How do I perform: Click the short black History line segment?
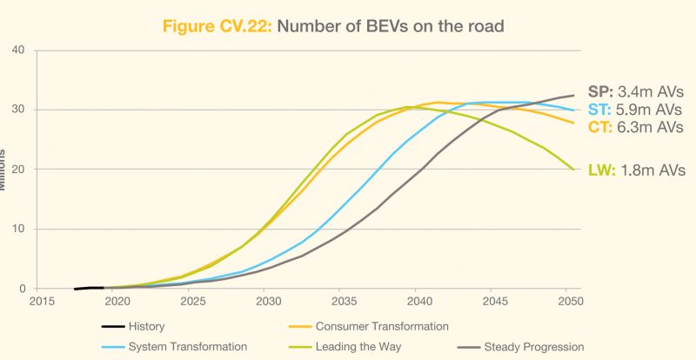coord(90,288)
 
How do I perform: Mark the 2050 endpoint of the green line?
coord(573,170)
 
